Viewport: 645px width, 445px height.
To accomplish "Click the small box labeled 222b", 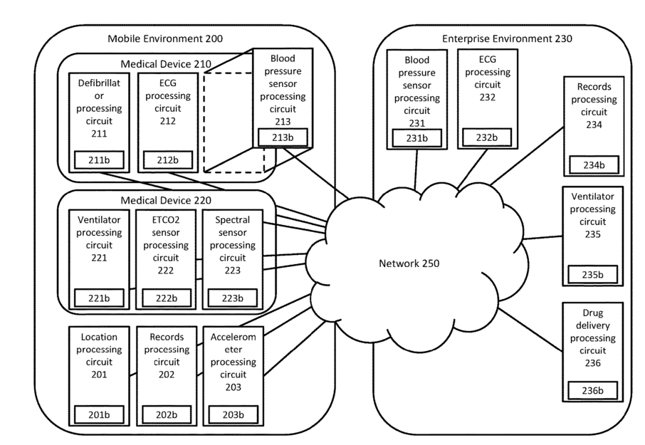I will coord(165,297).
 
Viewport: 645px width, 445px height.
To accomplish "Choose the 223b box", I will coord(231,297).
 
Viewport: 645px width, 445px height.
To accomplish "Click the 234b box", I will coord(594,165).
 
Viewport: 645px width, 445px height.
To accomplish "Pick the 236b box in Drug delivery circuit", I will coord(594,391).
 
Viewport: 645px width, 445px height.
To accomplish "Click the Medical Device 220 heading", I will coord(166,200).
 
